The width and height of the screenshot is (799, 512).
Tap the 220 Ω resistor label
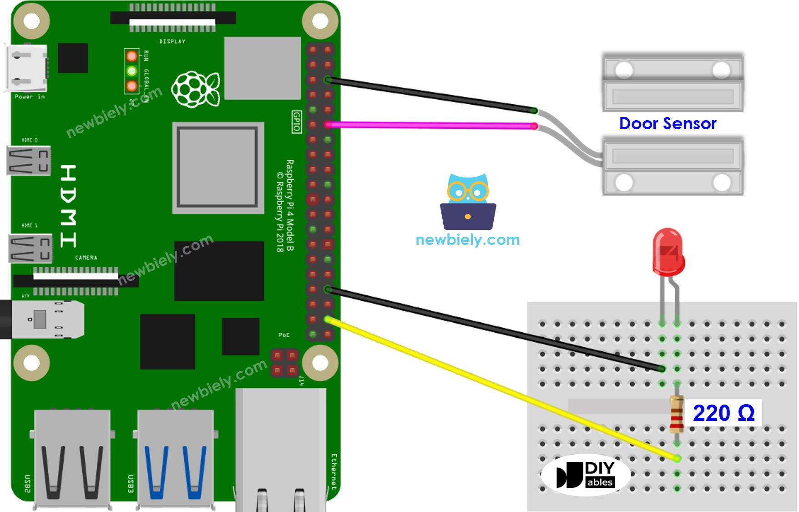723,413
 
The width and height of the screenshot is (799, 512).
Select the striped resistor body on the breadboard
677,414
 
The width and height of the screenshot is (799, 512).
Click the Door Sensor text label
668,123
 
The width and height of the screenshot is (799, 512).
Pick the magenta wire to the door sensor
432,125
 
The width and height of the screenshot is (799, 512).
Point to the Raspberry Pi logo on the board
196,89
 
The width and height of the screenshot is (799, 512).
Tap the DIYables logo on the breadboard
586,475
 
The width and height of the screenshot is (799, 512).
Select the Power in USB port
26,68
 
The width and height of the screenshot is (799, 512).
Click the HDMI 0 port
29,161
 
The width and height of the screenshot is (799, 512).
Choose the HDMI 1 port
30,248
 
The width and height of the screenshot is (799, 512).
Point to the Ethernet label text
334,471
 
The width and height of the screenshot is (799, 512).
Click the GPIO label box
296,122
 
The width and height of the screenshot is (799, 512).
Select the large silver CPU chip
218,167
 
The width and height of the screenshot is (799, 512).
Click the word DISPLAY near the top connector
172,41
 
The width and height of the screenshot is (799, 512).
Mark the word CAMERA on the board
86,258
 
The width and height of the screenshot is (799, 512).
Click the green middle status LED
131,71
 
